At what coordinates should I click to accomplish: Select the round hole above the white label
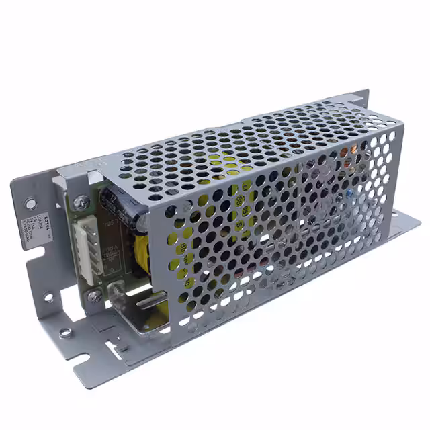(x=30, y=203)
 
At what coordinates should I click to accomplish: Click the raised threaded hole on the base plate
(x=65, y=332)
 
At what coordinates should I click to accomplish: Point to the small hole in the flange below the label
(x=49, y=298)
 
